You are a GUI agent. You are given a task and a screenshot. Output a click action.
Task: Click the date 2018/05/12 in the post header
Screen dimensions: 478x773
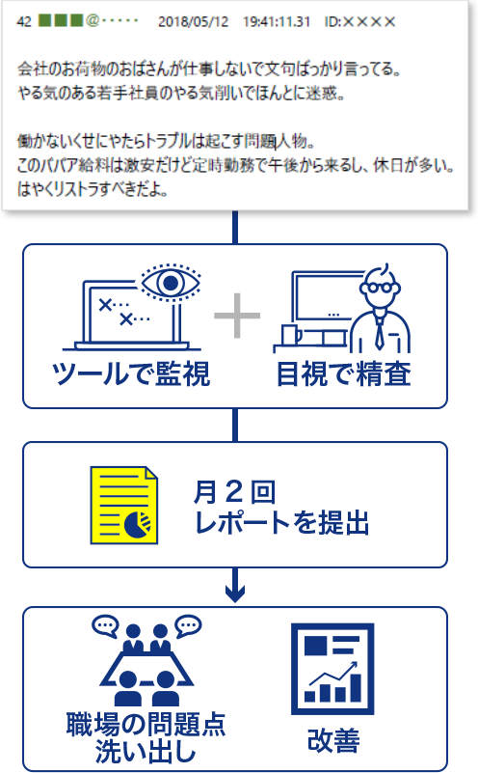click(193, 21)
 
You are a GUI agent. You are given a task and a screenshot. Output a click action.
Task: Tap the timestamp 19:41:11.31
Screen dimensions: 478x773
click(277, 21)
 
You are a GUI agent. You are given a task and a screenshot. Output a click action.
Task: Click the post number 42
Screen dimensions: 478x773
click(24, 21)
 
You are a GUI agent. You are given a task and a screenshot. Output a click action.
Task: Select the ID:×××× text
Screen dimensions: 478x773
click(359, 21)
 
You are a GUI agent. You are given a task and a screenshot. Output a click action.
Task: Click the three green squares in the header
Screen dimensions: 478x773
click(61, 20)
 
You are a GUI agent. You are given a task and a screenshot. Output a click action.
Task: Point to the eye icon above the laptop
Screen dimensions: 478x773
click(171, 283)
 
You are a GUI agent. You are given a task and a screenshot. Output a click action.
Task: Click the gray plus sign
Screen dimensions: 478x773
click(237, 316)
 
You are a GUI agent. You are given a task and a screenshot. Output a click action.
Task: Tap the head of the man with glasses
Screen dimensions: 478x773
click(380, 287)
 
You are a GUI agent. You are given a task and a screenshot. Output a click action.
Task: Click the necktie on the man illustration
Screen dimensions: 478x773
click(380, 332)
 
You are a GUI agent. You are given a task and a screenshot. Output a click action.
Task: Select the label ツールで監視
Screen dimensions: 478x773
click(131, 374)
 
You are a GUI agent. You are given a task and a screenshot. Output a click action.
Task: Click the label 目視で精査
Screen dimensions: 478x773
click(344, 374)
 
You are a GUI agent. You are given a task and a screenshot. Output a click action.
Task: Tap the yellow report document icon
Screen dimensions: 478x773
click(124, 506)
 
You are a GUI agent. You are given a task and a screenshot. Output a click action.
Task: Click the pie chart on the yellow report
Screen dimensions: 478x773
click(139, 525)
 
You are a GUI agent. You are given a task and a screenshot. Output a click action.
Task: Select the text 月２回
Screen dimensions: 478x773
click(234, 492)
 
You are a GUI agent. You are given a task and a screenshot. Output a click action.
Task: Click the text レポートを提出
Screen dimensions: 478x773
click(281, 523)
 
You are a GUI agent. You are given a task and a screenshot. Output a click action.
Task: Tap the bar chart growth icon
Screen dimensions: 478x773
click(332, 669)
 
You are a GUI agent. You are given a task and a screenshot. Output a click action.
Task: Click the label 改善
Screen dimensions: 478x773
click(333, 740)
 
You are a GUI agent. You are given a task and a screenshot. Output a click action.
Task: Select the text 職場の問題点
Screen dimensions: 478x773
click(146, 725)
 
